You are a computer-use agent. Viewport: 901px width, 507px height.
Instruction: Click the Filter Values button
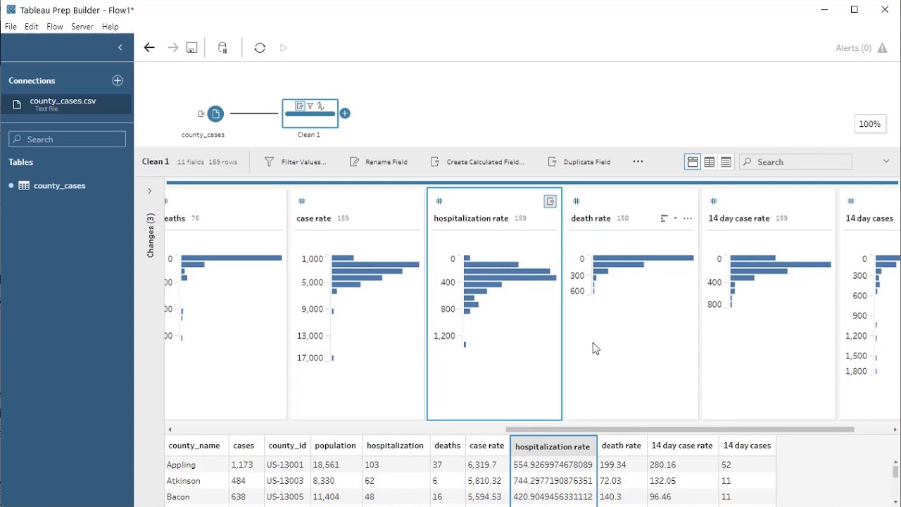point(296,162)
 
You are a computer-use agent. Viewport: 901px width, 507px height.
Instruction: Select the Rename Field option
point(379,162)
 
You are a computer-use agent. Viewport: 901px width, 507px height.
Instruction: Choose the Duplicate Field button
point(579,162)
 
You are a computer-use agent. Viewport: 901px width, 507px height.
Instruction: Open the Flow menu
point(55,27)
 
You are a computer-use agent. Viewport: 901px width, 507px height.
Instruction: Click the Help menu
point(110,27)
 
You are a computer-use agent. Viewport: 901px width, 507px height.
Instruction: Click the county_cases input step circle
point(215,113)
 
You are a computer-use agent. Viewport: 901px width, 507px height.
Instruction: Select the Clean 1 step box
point(310,113)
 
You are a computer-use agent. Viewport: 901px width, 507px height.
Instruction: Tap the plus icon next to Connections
point(118,81)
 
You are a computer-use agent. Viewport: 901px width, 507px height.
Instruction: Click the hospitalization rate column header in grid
point(553,446)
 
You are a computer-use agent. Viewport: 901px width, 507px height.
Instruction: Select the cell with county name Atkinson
point(184,481)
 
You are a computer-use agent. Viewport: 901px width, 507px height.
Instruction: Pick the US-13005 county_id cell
point(287,497)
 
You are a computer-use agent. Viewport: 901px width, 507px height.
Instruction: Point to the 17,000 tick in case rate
point(310,358)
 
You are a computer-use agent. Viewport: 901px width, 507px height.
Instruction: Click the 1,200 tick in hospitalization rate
point(444,336)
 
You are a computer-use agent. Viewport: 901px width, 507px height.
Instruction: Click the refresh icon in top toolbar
point(260,48)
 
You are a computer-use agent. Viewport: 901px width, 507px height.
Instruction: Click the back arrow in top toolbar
point(149,48)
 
